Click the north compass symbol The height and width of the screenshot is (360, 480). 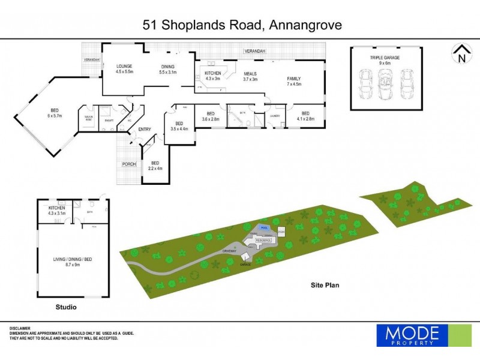click(x=461, y=53)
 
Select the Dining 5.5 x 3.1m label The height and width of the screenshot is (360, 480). click(x=168, y=69)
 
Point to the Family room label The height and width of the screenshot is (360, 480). click(x=293, y=82)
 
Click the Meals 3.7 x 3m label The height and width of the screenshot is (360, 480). click(x=250, y=76)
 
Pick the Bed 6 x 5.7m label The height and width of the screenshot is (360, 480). click(x=55, y=113)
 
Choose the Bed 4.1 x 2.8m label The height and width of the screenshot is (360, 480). click(x=305, y=116)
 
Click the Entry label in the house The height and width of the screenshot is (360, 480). click(x=145, y=129)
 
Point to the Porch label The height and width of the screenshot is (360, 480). click(x=128, y=164)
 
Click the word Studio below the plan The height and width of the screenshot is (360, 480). click(x=66, y=307)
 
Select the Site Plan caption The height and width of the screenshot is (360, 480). click(x=325, y=286)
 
